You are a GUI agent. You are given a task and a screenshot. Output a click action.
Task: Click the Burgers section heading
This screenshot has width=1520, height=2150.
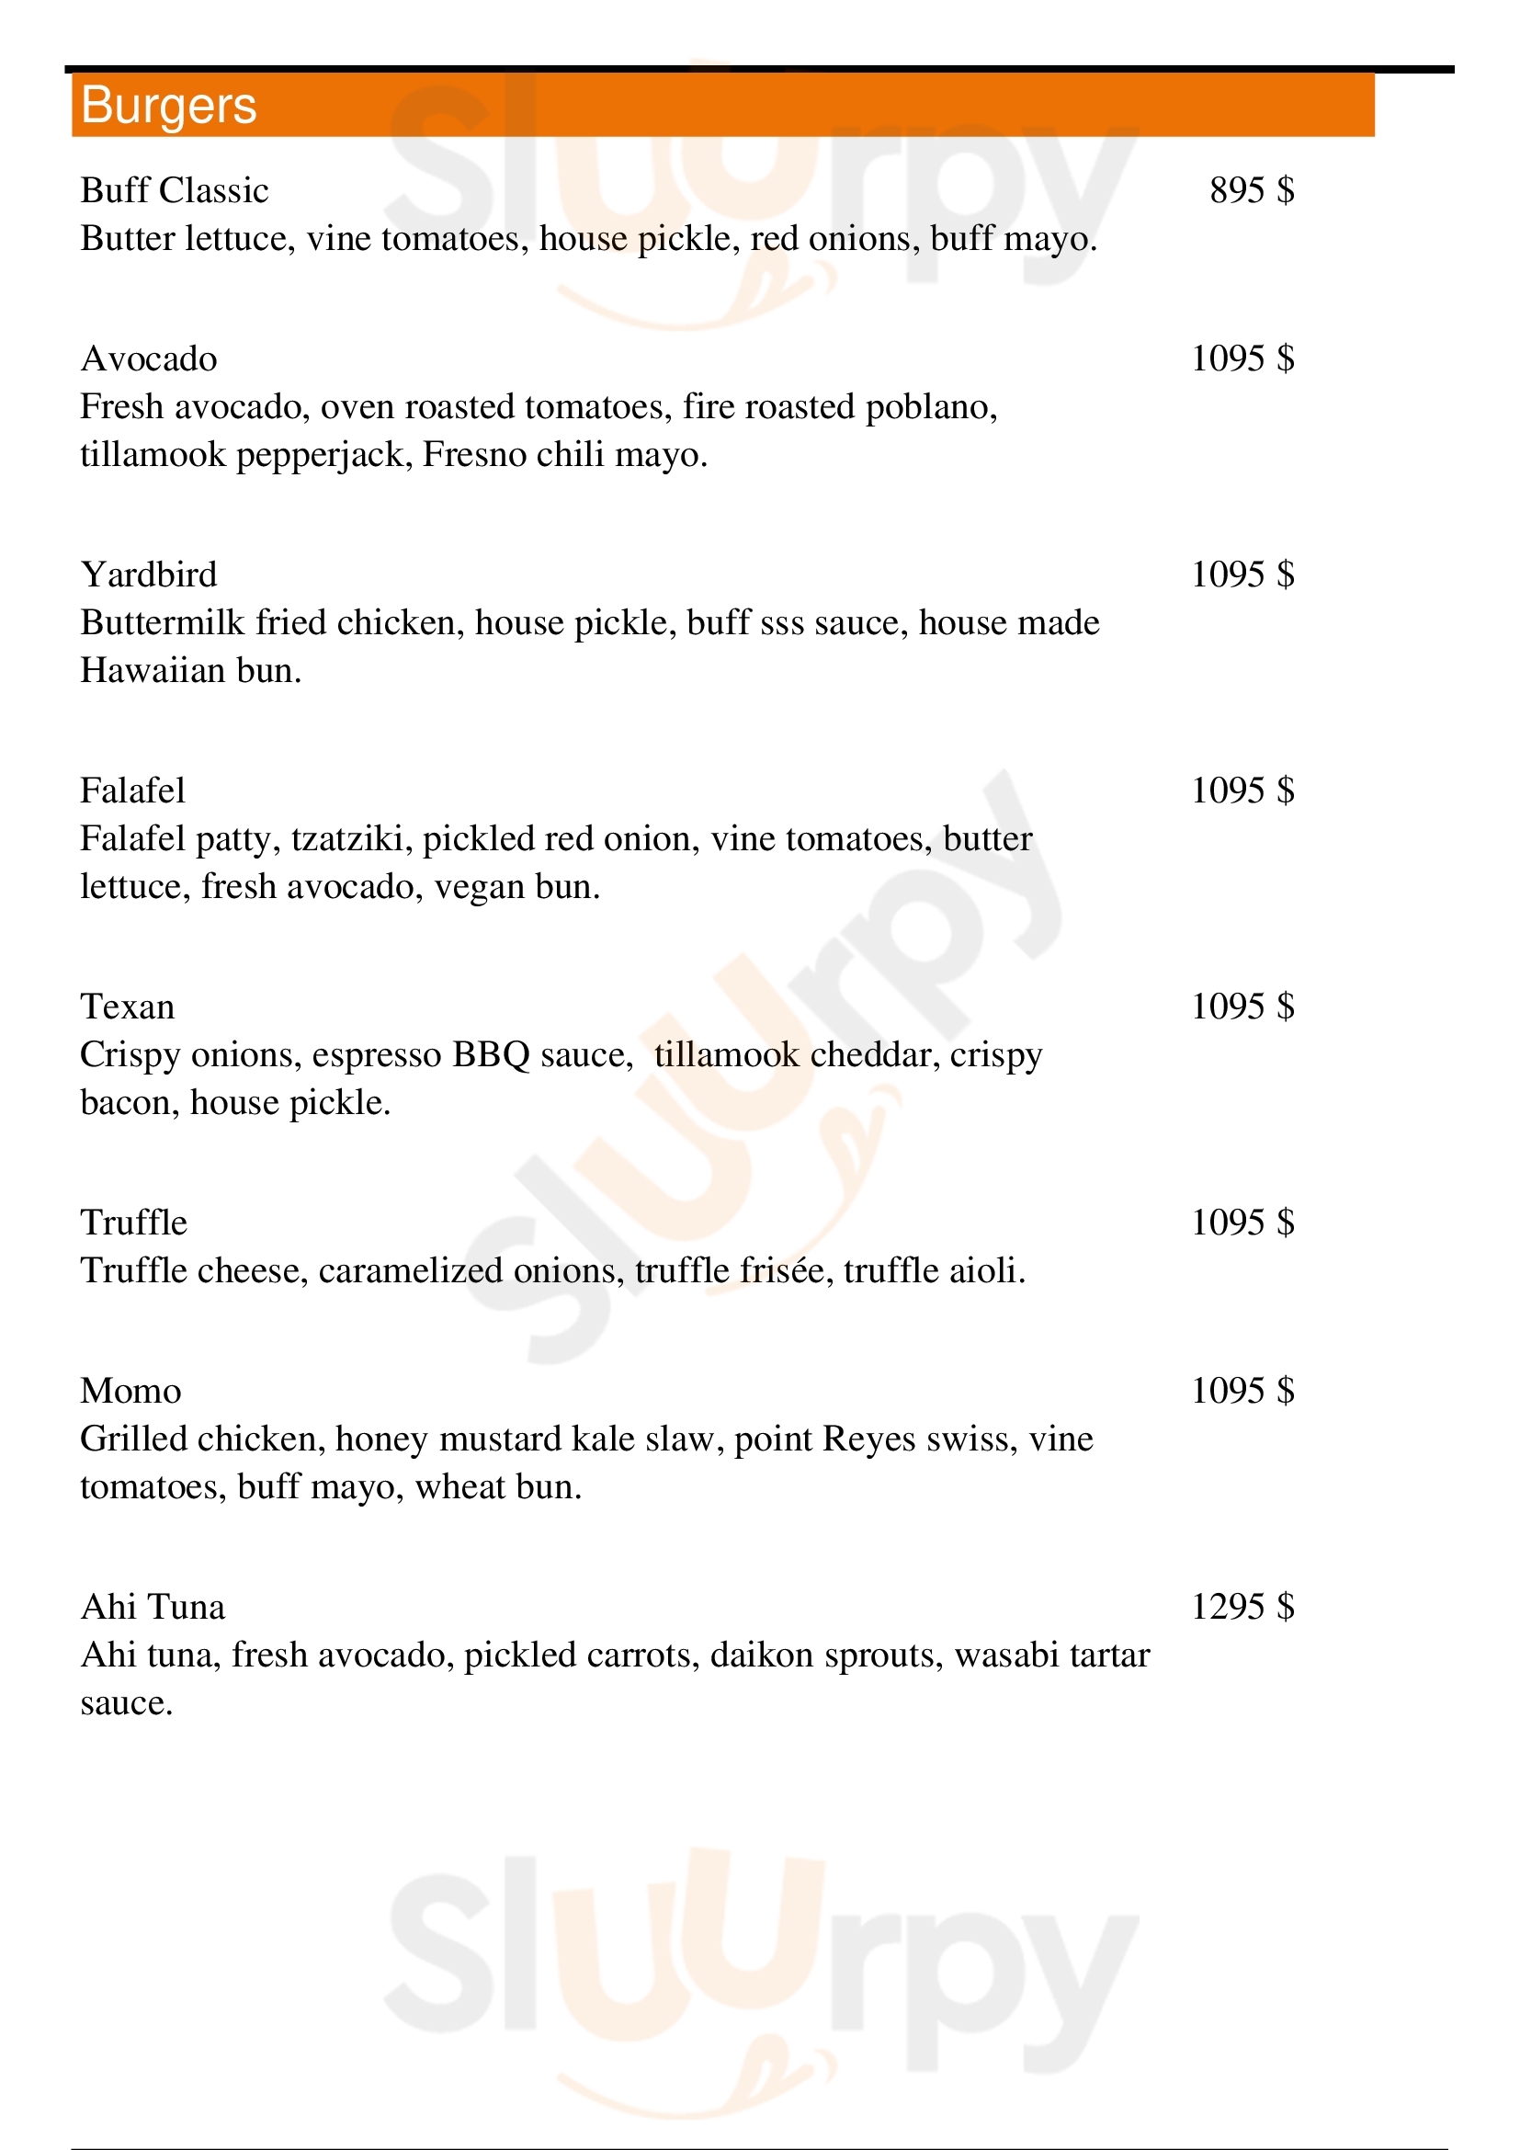168,105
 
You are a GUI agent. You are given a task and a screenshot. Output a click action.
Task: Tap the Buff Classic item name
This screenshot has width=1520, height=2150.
174,190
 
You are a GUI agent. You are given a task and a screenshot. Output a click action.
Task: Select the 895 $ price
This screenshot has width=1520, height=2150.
1252,190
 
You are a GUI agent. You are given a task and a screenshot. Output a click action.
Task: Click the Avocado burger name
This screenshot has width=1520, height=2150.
149,358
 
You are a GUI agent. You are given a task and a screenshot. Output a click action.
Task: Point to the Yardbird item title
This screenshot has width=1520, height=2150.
149,574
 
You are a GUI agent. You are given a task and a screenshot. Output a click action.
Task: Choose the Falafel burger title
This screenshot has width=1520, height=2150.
133,791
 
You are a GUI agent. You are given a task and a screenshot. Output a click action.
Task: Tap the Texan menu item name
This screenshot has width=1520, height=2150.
128,1007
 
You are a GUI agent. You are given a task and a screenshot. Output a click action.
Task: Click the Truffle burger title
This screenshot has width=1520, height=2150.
134,1222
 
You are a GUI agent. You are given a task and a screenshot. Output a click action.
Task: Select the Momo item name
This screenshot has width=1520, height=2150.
131,1391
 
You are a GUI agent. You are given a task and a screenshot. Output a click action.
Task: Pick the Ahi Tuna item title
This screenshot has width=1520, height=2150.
153,1607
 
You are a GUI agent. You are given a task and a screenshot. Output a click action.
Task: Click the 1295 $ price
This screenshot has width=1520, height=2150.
1242,1607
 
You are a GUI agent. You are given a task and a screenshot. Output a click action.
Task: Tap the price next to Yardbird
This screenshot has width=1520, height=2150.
1242,574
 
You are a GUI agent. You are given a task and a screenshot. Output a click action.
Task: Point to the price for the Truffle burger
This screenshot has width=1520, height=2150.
1242,1222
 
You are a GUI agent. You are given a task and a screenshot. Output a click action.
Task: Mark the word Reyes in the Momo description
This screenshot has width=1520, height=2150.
868,1439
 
